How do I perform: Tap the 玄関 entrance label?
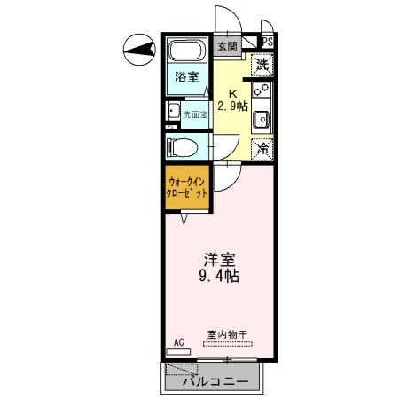pyautogui.click(x=228, y=47)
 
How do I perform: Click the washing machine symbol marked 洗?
pyautogui.click(x=262, y=64)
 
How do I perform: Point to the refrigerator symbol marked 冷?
pyautogui.click(x=262, y=149)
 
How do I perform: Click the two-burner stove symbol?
pyautogui.click(x=262, y=91)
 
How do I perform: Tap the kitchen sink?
pyautogui.click(x=262, y=120)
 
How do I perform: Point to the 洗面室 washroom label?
pyautogui.click(x=195, y=113)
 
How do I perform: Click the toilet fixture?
pyautogui.click(x=182, y=147)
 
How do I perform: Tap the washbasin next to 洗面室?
pyautogui.click(x=170, y=113)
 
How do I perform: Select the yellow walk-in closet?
pyautogui.click(x=187, y=188)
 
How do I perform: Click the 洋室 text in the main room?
pyautogui.click(x=220, y=259)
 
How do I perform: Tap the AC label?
pyautogui.click(x=178, y=340)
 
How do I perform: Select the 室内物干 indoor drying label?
pyautogui.click(x=227, y=334)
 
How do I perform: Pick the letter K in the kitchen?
pyautogui.click(x=234, y=92)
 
